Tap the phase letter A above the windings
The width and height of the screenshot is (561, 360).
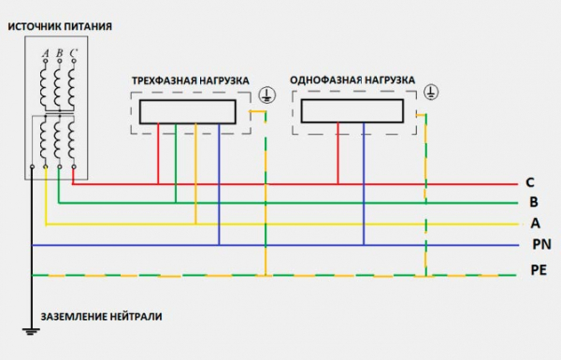tap(46, 52)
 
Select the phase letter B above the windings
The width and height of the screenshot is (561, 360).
tap(60, 52)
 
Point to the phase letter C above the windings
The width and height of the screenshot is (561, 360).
tap(74, 52)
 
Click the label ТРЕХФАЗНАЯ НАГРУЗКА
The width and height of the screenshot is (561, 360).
tap(190, 81)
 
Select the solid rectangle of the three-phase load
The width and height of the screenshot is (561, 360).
tap(187, 112)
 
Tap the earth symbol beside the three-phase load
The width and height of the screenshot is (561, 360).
tap(266, 93)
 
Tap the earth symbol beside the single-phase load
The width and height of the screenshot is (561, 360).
tap(431, 91)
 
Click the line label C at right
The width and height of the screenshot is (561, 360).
tap(530, 182)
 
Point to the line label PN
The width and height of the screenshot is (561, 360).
tap(539, 245)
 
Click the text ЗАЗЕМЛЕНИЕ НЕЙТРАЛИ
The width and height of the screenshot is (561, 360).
tap(101, 317)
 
